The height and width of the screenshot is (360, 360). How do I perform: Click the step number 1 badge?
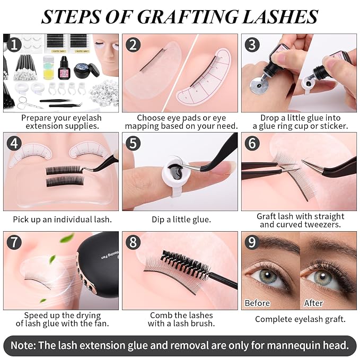pyautogui.click(x=14, y=45)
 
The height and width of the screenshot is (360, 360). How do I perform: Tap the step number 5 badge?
pyautogui.click(x=133, y=143)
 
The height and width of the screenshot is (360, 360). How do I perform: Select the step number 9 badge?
pyautogui.click(x=252, y=242)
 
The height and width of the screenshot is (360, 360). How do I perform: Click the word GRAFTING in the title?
pyautogui.click(x=188, y=17)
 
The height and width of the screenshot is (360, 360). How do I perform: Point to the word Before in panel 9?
pyautogui.click(x=257, y=303)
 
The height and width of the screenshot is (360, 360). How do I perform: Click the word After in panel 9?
pyautogui.click(x=313, y=303)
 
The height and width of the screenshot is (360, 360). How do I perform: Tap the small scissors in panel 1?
pyautogui.click(x=28, y=103)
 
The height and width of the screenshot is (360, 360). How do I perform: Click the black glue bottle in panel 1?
pyautogui.click(x=64, y=67)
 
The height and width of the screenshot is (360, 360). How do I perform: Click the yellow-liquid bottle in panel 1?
pyautogui.click(x=48, y=68)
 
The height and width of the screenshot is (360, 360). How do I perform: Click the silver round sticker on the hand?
pyautogui.click(x=259, y=86)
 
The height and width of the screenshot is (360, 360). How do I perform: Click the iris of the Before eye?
pyautogui.click(x=268, y=276)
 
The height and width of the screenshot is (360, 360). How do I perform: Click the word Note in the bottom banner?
pyautogui.click(x=22, y=345)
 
